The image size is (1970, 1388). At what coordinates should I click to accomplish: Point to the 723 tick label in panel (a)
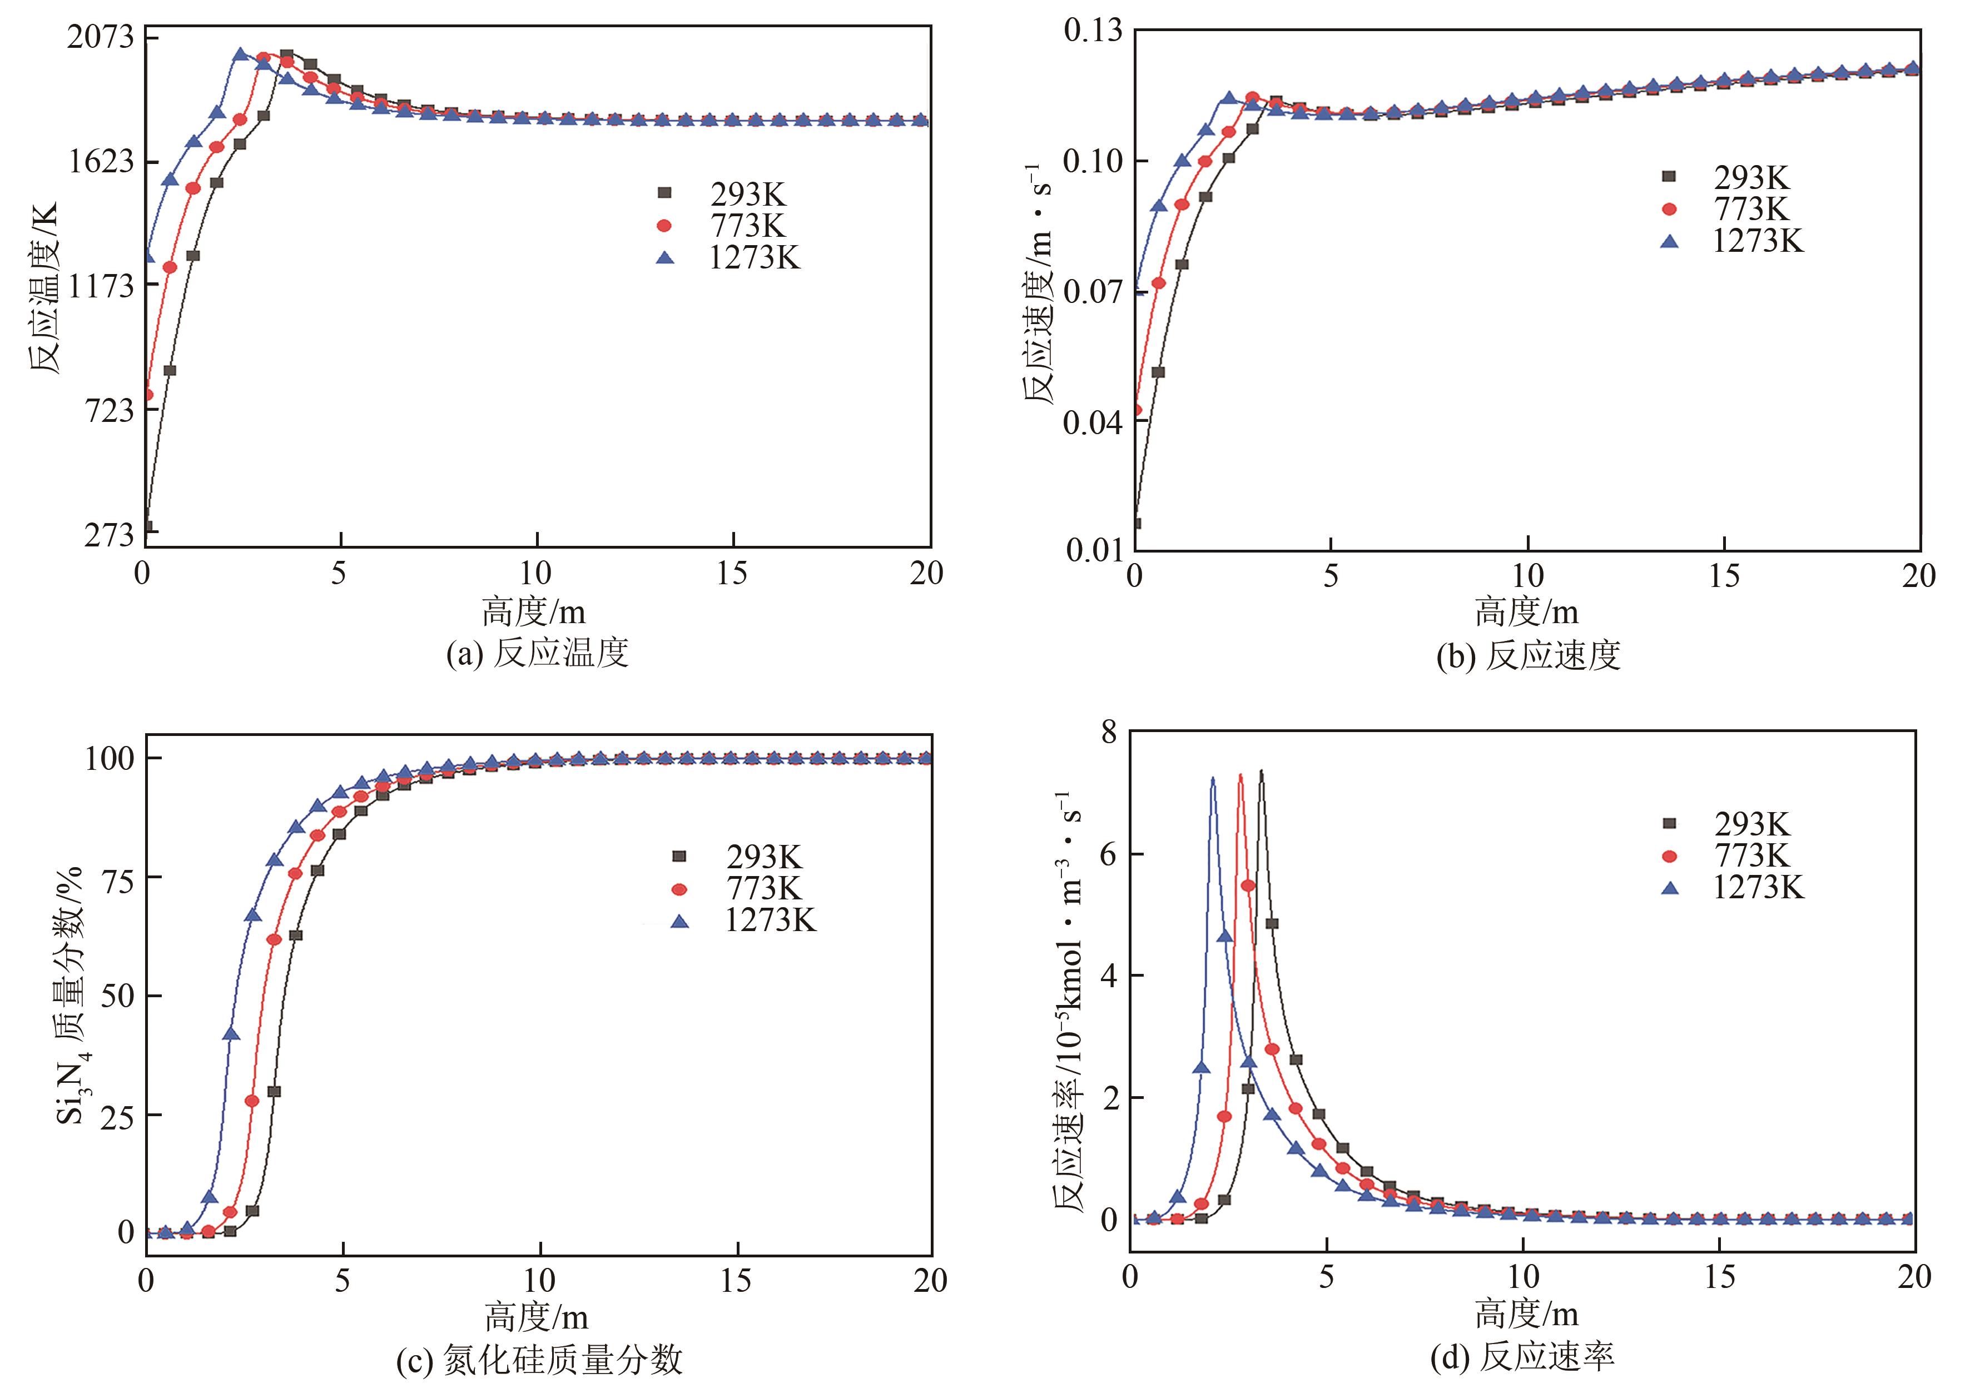[110, 410]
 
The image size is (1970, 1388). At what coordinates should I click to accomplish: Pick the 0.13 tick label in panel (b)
[1092, 31]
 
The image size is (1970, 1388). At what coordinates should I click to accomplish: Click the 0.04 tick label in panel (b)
[1092, 422]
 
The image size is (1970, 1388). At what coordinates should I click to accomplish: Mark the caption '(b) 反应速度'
[1528, 655]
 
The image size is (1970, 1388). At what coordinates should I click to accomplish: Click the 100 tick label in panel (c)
[109, 758]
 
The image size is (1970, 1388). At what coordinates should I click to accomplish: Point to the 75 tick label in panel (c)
[117, 878]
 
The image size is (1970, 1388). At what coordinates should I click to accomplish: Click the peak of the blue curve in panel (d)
[1212, 779]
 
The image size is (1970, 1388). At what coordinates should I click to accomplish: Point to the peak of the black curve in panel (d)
[1261, 771]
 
